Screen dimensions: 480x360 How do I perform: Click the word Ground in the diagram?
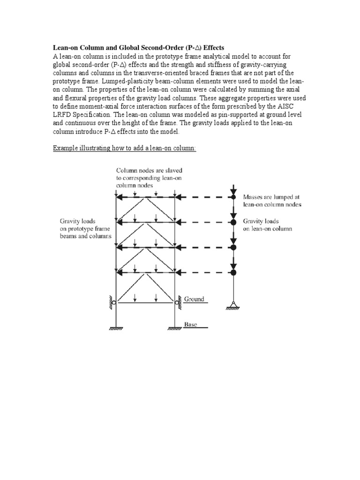195,299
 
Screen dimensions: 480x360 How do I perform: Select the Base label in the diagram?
191,324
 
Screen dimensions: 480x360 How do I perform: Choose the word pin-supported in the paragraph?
231,115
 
